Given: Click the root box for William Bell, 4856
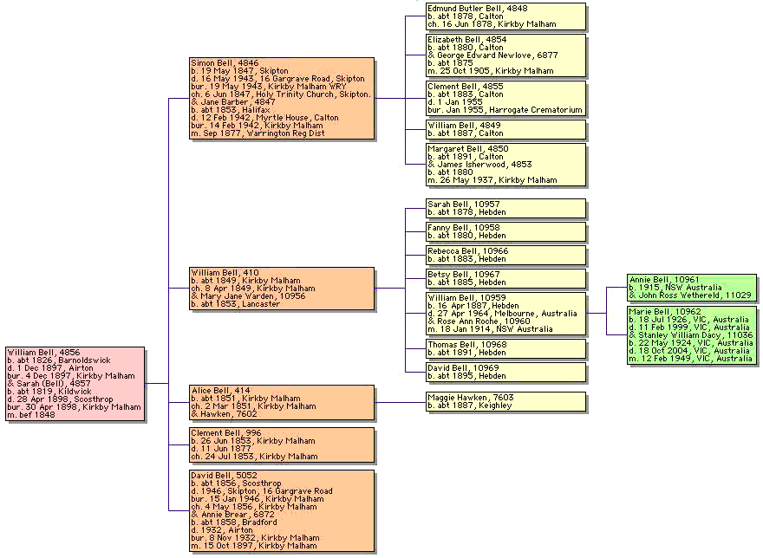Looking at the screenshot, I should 75,384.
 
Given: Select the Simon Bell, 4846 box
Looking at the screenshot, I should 283,98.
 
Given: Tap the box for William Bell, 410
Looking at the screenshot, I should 283,289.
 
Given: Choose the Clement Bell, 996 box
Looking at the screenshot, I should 283,444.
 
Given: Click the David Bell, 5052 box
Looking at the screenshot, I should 283,510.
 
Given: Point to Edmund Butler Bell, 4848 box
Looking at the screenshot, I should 505,16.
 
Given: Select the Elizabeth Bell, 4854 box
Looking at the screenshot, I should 505,55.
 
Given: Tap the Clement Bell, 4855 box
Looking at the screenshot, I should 505,98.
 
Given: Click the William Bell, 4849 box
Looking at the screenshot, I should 505,129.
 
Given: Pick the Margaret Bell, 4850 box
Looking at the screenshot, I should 505,164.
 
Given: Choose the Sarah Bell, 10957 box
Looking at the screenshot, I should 505,208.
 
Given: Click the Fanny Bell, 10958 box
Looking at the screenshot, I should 505,231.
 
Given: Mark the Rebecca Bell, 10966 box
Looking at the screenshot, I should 505,255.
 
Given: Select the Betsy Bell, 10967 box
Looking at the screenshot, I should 505,278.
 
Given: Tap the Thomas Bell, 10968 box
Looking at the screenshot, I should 505,348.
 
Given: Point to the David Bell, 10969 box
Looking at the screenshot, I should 505,372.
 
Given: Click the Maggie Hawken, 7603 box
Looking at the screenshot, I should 505,401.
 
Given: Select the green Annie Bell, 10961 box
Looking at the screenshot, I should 691,288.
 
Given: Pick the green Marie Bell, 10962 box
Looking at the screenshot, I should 691,334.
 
